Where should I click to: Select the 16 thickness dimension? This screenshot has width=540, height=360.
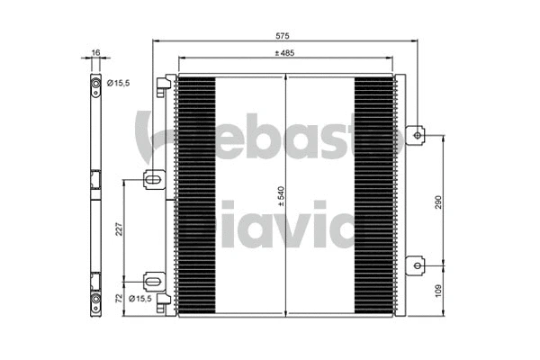tap(94, 53)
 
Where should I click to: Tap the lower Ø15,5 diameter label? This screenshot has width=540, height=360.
tap(140, 298)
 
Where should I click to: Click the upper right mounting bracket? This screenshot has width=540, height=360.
tap(416, 135)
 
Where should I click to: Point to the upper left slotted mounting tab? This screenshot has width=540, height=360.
tap(155, 181)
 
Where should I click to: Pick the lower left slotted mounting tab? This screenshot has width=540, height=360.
tap(155, 281)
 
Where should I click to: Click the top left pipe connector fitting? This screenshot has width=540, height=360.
tap(163, 85)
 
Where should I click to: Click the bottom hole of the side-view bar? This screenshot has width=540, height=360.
tap(94, 299)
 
